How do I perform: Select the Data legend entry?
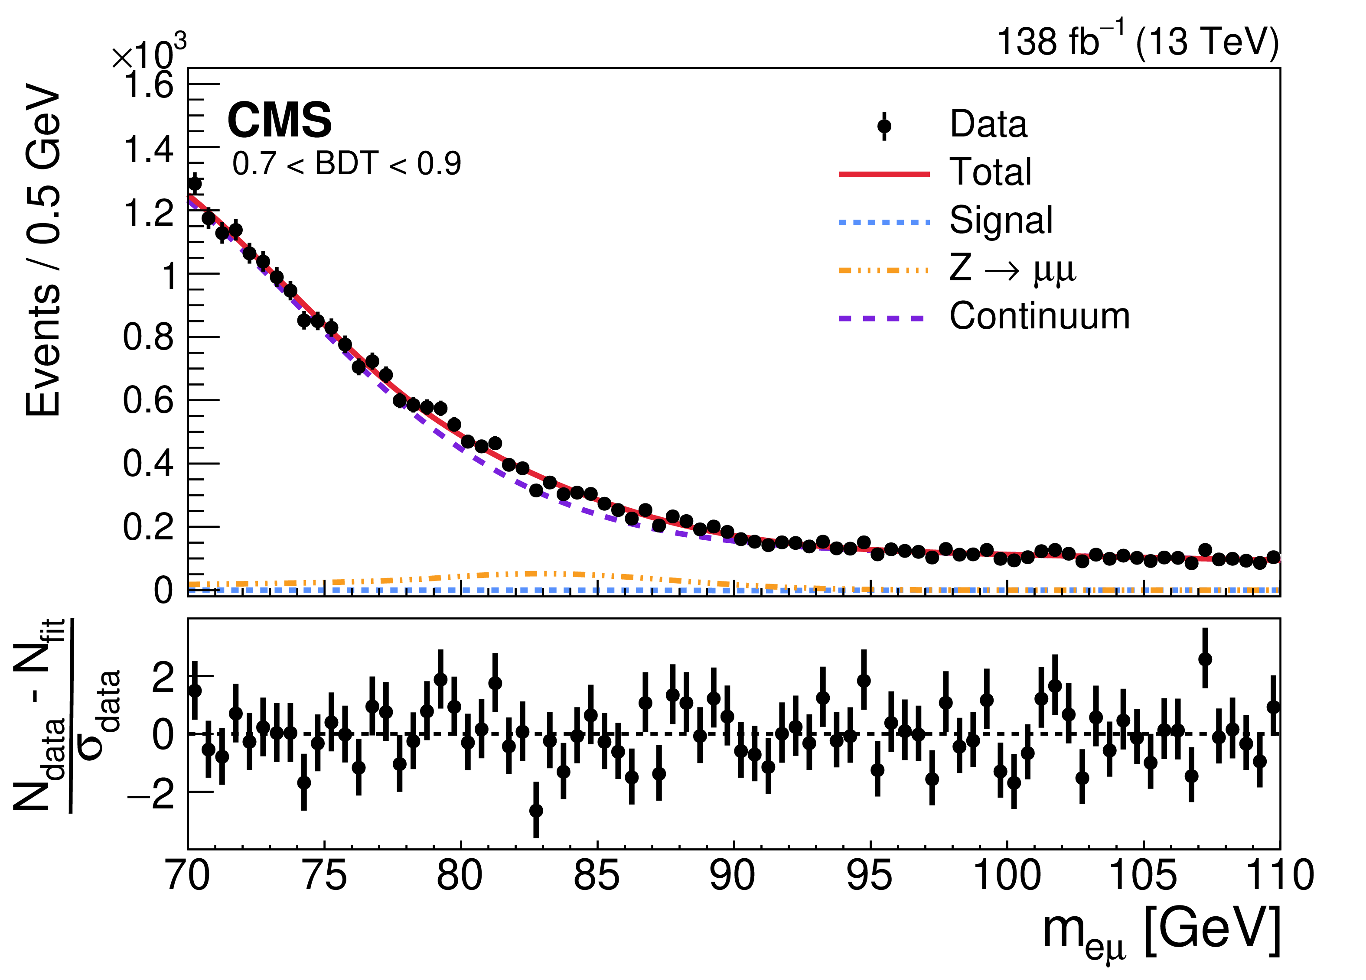pos(988,125)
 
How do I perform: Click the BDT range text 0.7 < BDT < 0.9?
pos(347,164)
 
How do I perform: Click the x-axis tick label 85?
pos(596,876)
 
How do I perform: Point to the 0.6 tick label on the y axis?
pos(148,400)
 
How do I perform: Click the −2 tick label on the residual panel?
pos(150,794)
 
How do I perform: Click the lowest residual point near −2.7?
pos(536,811)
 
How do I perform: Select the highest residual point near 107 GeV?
pos(1205,659)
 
